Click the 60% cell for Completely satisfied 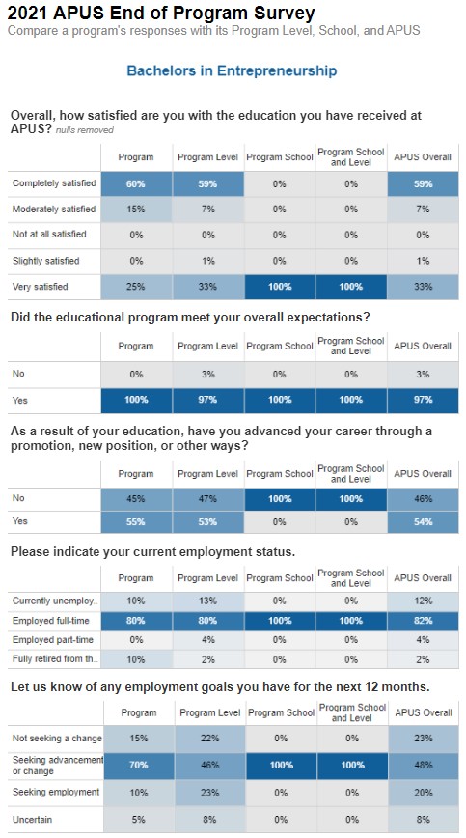point(136,183)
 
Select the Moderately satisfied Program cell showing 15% point(136,209)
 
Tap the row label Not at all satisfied point(49,234)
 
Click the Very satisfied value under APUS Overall point(423,287)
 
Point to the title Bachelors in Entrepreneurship point(232,70)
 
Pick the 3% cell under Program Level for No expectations point(207,375)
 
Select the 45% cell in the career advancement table point(136,498)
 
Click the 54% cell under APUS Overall point(423,521)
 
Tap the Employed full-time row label point(51,621)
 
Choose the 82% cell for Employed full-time point(423,621)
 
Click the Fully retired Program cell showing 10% point(136,659)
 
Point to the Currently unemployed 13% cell point(207,601)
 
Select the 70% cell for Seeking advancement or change point(139,765)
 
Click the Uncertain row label point(33,820)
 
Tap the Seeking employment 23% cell point(210,792)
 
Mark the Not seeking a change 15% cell point(139,738)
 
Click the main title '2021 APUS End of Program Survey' point(161,12)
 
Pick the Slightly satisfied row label point(46,261)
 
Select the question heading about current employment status point(152,551)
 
